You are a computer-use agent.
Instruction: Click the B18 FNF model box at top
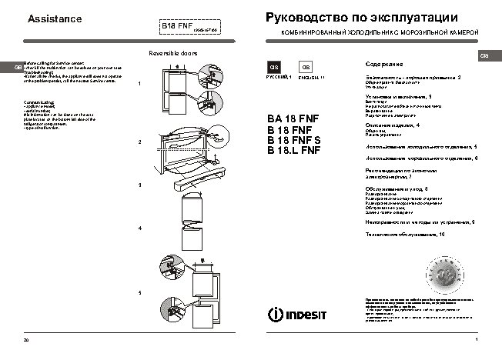pos(176,26)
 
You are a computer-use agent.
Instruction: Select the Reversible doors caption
pos(172,54)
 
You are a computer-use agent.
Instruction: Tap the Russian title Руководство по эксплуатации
pos(361,17)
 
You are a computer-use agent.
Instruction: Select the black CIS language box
pos(272,68)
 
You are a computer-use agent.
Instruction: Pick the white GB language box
pos(306,68)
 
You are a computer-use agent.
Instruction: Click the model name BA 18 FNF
pos(292,119)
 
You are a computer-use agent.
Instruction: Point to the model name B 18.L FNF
pos(293,151)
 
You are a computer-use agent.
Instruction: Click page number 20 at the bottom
pos(26,340)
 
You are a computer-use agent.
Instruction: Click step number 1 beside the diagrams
pos(139,84)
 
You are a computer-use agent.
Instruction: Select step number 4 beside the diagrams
pos(139,229)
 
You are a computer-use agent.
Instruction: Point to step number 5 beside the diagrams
pos(139,293)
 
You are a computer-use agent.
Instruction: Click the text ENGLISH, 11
pos(312,78)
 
